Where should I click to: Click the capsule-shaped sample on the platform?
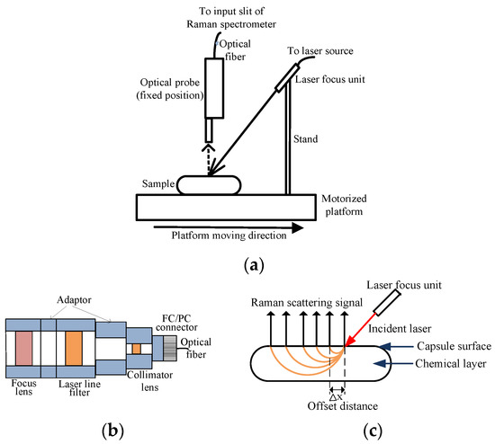[208, 184]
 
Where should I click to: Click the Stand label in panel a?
[305, 140]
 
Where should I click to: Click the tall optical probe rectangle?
[214, 88]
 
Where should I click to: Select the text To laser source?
[318, 52]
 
